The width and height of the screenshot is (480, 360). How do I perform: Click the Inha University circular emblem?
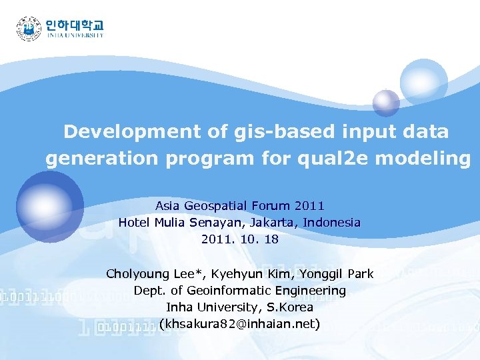[29, 29]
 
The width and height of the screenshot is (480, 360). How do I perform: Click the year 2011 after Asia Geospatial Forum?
[309, 207]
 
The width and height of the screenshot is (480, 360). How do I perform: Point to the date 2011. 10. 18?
[240, 239]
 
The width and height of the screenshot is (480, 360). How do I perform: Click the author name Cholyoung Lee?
[153, 274]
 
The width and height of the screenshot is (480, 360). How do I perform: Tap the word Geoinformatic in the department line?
[230, 291]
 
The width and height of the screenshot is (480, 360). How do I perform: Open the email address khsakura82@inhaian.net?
[240, 325]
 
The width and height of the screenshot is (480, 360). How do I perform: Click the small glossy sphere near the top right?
[385, 102]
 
